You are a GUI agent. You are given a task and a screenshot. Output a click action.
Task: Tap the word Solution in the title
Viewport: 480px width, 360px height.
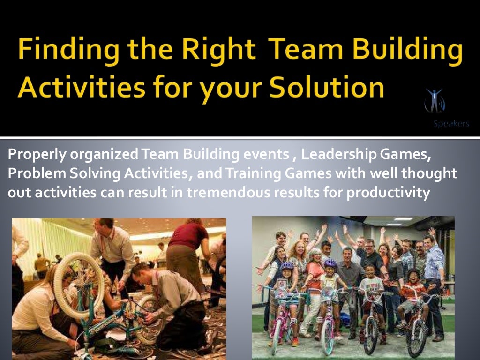pyautogui.click(x=323, y=87)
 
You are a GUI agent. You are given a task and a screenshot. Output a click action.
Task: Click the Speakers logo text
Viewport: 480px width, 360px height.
pyautogui.click(x=451, y=124)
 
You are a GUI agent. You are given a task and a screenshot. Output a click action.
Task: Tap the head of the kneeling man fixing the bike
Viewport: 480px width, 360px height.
pyautogui.click(x=141, y=271)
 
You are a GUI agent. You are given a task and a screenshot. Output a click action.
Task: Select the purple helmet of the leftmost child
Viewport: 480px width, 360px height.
pyautogui.click(x=287, y=265)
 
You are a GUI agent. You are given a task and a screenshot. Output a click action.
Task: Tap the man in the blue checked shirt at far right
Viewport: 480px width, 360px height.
pyautogui.click(x=434, y=272)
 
